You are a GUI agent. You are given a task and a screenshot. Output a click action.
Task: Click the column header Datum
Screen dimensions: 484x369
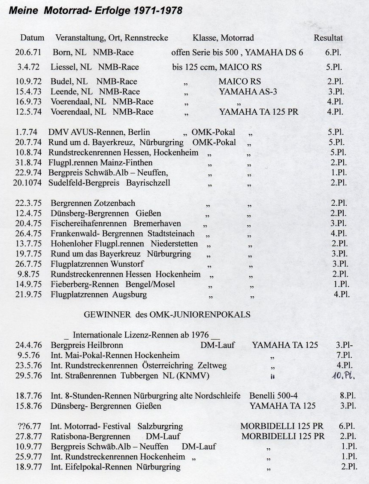pyautogui.click(x=32, y=38)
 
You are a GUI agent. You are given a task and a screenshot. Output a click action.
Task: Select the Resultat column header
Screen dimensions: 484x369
pyautogui.click(x=328, y=38)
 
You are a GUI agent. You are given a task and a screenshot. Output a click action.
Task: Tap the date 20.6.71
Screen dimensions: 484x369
pyautogui.click(x=28, y=52)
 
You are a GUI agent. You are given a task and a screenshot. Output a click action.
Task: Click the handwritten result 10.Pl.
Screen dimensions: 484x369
pyautogui.click(x=344, y=376)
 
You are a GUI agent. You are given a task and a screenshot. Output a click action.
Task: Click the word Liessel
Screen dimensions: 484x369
pyautogui.click(x=64, y=67)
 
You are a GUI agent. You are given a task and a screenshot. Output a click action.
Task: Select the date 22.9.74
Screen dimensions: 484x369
pyautogui.click(x=28, y=173)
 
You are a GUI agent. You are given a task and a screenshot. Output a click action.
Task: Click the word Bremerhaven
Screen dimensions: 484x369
pyautogui.click(x=157, y=223)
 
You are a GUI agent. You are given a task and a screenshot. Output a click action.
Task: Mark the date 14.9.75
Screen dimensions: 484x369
pyautogui.click(x=28, y=284)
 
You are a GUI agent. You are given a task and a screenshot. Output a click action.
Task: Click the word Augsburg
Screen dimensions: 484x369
pyautogui.click(x=130, y=295)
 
